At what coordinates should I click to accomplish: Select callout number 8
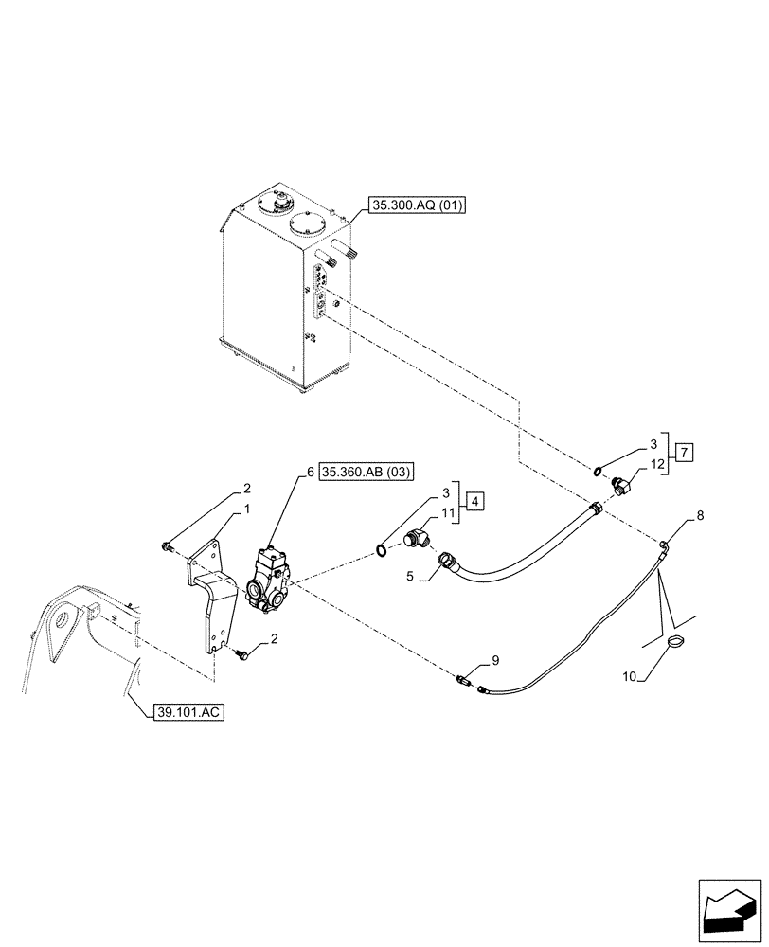(700, 516)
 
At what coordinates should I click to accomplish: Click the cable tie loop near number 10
(675, 643)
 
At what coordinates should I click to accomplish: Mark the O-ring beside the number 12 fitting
(599, 469)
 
